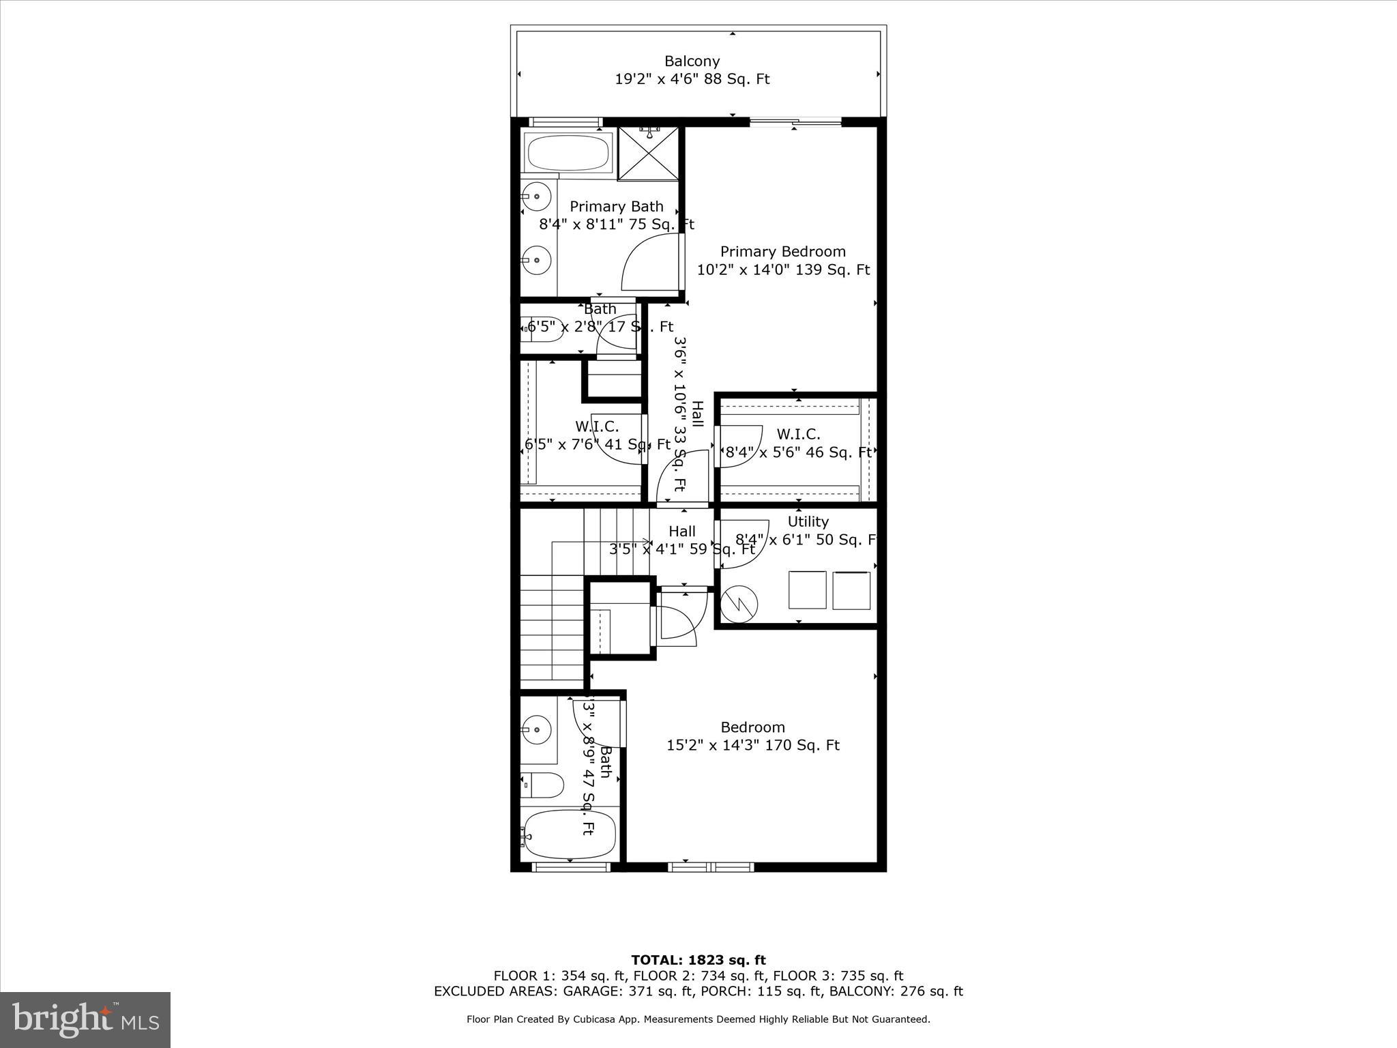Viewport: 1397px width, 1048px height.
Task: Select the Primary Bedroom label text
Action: (x=782, y=252)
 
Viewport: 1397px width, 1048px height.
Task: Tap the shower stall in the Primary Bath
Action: (x=648, y=154)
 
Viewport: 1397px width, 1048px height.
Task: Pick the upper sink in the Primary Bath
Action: (x=538, y=197)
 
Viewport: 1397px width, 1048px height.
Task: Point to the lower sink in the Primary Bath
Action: (x=538, y=259)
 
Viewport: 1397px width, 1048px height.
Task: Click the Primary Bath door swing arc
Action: (x=648, y=263)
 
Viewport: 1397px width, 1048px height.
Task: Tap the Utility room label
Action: (x=808, y=522)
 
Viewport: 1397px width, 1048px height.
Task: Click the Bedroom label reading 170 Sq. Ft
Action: (x=752, y=736)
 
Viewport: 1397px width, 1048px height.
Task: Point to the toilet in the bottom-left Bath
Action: (x=542, y=785)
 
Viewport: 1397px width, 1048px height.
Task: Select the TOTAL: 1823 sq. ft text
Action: (x=698, y=961)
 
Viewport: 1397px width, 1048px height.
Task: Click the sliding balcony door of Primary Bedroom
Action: (x=795, y=122)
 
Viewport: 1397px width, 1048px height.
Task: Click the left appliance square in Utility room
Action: (x=808, y=590)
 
